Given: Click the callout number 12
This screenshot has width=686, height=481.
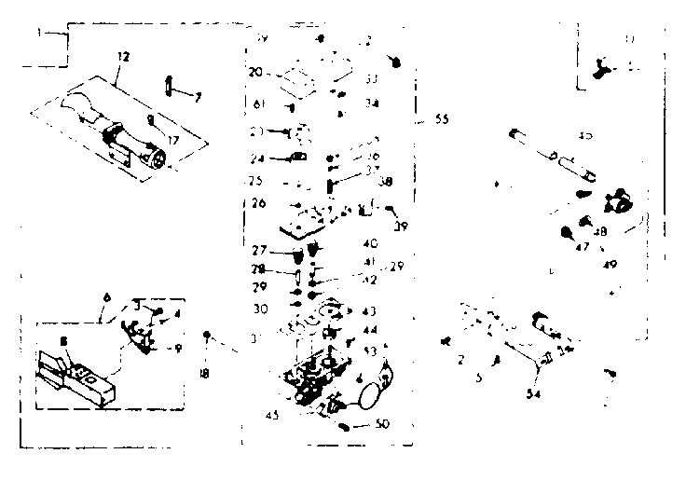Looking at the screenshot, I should tap(124, 57).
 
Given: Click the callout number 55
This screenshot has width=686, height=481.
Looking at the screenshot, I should tap(441, 120).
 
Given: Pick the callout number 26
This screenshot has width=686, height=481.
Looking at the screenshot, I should tap(257, 203).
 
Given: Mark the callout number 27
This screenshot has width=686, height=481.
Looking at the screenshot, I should tap(257, 249).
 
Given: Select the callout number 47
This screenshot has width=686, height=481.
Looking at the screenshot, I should tap(582, 249).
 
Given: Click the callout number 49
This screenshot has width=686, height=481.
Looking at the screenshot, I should tap(610, 264).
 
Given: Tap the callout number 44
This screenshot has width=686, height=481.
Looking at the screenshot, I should tap(371, 330).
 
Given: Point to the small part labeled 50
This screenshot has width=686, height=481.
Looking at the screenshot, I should tap(346, 427).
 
